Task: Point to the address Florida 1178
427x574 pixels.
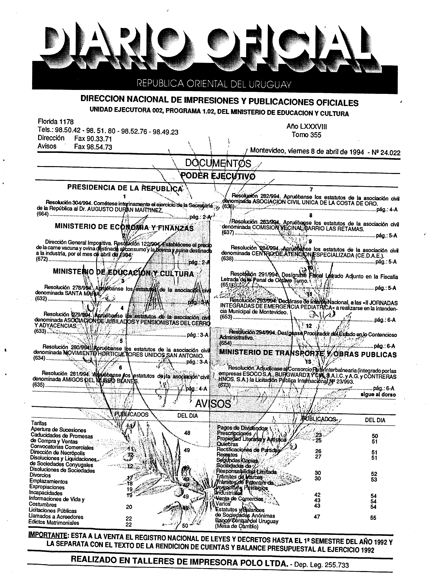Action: tap(56, 121)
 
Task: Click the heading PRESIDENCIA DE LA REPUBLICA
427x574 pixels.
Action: tap(125, 188)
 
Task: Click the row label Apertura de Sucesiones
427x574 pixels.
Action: tap(58, 430)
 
